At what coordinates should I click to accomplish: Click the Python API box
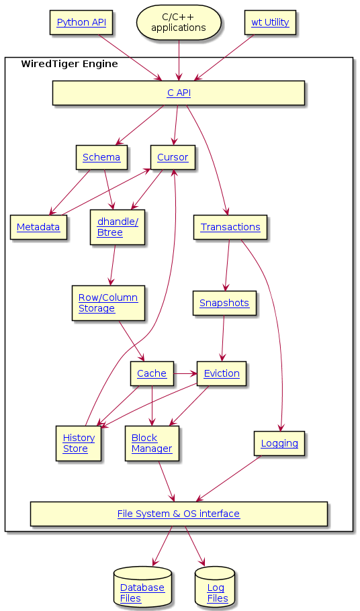pyautogui.click(x=81, y=23)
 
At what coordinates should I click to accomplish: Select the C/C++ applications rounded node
pyautogui.click(x=179, y=23)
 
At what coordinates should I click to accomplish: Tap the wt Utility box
pyautogui.click(x=270, y=23)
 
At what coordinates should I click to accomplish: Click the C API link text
pyautogui.click(x=179, y=93)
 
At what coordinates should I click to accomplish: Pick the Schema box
pyautogui.click(x=101, y=157)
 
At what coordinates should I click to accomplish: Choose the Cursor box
pyautogui.click(x=173, y=157)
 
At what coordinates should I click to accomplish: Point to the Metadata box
pyautogui.click(x=38, y=227)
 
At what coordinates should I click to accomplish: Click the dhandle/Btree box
pyautogui.click(x=118, y=227)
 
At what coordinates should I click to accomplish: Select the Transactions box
pyautogui.click(x=230, y=227)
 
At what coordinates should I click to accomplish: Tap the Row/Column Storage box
pyautogui.click(x=108, y=303)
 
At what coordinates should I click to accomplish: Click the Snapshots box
pyautogui.click(x=224, y=303)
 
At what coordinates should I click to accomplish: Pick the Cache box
pyautogui.click(x=152, y=374)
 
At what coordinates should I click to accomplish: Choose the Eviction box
pyautogui.click(x=222, y=374)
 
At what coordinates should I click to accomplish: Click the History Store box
pyautogui.click(x=79, y=443)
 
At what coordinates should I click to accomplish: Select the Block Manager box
pyautogui.click(x=152, y=443)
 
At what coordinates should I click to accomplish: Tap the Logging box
pyautogui.click(x=279, y=443)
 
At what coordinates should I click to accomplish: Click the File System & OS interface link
pyautogui.click(x=179, y=514)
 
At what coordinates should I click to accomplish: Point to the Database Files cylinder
pyautogui.click(x=142, y=587)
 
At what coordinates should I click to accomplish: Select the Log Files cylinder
pyautogui.click(x=215, y=587)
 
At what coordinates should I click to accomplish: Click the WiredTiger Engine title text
pyautogui.click(x=69, y=64)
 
